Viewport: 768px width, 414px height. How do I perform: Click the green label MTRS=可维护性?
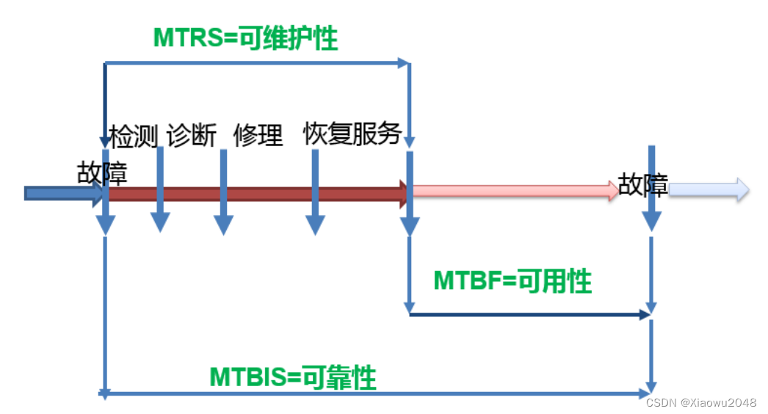coord(245,38)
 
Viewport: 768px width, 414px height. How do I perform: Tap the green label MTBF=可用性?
coord(512,280)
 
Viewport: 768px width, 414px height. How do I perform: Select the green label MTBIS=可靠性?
coord(292,378)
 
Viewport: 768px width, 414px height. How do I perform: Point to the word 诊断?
coord(192,136)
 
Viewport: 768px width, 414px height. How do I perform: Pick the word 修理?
coord(258,136)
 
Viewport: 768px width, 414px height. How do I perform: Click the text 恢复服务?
coord(352,134)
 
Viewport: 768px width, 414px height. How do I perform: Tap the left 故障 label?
coord(102,173)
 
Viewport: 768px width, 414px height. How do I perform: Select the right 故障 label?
coord(642,185)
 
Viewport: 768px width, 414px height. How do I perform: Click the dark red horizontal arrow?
coord(257,194)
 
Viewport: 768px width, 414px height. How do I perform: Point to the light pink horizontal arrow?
coord(514,192)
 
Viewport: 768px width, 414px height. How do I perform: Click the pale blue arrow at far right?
coord(709,190)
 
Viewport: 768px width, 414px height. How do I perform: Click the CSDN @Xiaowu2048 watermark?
coord(701,402)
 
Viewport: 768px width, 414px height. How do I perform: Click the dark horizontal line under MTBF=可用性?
coord(529,314)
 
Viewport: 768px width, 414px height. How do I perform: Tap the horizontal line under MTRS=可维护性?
coord(257,63)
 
